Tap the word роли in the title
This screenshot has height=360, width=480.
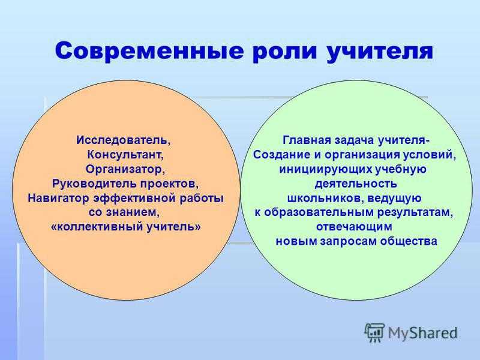pos(284,52)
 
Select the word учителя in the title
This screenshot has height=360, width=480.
pos(380,52)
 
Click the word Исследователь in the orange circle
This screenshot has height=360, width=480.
pos(122,140)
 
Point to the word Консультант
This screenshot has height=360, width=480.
pos(124,155)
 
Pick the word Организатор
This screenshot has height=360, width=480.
pos(124,169)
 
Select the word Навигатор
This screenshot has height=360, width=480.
pos(58,198)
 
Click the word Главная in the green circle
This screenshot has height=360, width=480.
pos(307,140)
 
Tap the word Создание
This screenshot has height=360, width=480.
pos(281,155)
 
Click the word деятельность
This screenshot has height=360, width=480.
pos(356,184)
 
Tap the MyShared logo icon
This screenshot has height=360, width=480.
pos(374,333)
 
